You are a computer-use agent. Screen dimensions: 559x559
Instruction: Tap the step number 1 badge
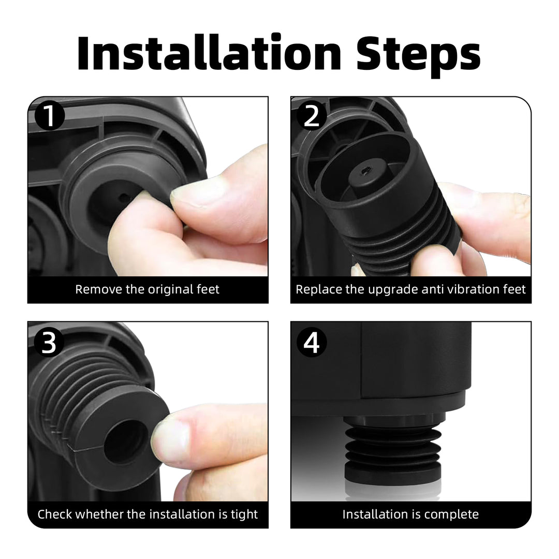click(x=49, y=117)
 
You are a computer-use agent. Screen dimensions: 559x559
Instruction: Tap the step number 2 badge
click(x=312, y=117)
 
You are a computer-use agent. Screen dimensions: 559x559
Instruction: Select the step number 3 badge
click(x=49, y=342)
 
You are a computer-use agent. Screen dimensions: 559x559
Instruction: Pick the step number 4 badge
click(x=312, y=342)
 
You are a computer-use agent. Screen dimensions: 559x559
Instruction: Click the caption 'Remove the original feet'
click(x=148, y=289)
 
